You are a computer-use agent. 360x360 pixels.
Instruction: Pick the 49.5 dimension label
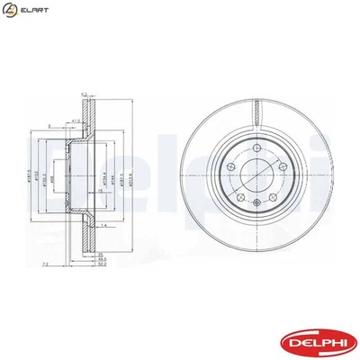[102, 258]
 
